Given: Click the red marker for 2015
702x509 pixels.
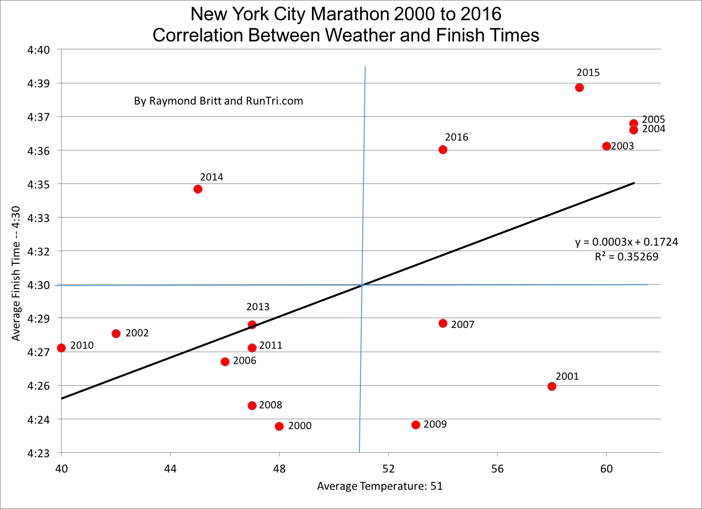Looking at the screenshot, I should click(579, 88).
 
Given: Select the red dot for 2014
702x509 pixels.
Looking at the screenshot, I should click(198, 189).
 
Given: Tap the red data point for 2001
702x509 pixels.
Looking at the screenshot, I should click(552, 386).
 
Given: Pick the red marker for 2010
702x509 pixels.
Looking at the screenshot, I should click(61, 348).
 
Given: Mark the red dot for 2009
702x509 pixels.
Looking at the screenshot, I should click(416, 425).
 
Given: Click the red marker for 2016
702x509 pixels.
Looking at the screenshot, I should click(443, 149).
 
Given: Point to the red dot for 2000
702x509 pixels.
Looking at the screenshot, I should click(279, 426).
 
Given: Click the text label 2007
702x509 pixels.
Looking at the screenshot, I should click(462, 325).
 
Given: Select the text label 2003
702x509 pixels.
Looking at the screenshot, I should click(622, 146).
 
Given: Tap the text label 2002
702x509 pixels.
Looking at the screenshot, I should click(137, 333).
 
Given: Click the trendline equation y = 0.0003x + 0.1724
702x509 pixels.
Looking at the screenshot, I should click(627, 242).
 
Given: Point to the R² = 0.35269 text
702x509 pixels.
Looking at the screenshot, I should click(627, 257).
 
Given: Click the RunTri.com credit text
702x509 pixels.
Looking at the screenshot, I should click(218, 101).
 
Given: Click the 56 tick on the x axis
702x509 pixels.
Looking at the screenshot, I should click(497, 468).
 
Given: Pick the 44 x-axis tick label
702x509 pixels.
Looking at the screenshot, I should click(170, 468).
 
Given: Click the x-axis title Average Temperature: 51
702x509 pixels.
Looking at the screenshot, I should click(380, 486).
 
